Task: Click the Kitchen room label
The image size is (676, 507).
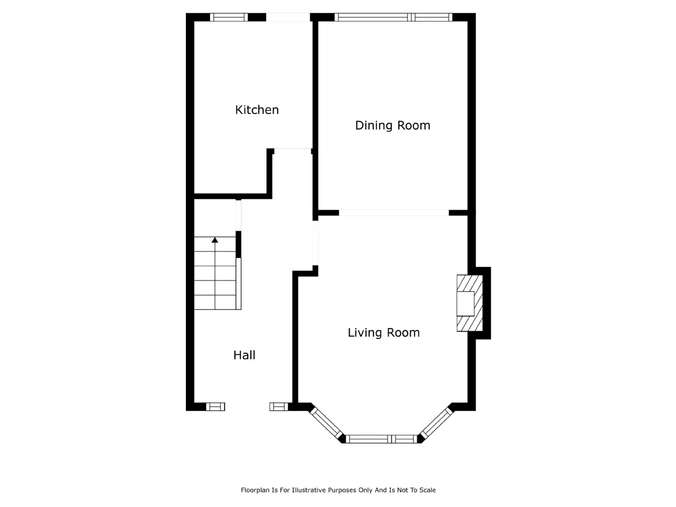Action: click(x=257, y=110)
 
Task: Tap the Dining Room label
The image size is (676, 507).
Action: click(x=392, y=126)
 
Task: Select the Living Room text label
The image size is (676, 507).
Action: click(x=383, y=333)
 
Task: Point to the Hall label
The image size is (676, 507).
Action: click(x=244, y=355)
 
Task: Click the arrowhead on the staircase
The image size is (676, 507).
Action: click(x=214, y=240)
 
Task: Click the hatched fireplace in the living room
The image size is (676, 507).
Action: click(x=470, y=303)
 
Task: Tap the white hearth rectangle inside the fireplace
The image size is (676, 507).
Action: click(x=465, y=304)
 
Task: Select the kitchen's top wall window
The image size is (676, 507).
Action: click(x=229, y=17)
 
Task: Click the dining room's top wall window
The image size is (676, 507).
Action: click(x=393, y=17)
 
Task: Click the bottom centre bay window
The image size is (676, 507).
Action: click(x=381, y=439)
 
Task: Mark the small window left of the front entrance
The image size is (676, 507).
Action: click(x=215, y=407)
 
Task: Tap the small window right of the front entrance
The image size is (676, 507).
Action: click(x=279, y=407)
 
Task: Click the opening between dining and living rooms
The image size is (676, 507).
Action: click(x=394, y=213)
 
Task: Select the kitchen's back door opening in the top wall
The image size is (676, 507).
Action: click(x=288, y=17)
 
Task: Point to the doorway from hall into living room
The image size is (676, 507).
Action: click(x=315, y=243)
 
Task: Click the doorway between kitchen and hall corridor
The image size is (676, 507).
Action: click(x=293, y=151)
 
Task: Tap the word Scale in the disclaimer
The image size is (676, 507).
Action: click(x=427, y=490)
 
